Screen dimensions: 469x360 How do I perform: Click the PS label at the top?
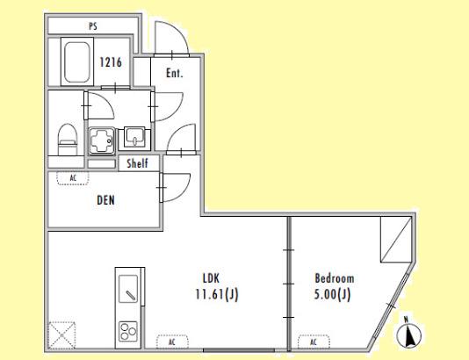(93, 26)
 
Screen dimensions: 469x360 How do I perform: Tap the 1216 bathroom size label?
(111, 62)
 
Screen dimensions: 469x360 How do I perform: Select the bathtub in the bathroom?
(77, 61)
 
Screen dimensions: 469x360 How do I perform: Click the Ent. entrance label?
(175, 73)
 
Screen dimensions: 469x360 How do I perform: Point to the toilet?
(68, 140)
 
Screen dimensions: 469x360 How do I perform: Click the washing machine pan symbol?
(102, 140)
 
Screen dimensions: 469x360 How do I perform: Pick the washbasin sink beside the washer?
(134, 138)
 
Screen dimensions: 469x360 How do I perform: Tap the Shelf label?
(137, 163)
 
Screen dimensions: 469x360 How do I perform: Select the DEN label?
(105, 200)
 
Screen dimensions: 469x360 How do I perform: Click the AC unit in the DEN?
(73, 178)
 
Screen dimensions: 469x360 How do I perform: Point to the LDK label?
(211, 278)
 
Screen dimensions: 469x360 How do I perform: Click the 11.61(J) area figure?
(217, 295)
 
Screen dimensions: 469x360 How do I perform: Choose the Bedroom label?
(335, 278)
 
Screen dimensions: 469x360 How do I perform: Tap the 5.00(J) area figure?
(332, 295)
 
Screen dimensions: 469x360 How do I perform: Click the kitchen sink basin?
(128, 289)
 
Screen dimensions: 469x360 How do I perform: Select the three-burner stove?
(128, 331)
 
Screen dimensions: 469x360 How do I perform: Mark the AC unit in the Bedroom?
(314, 342)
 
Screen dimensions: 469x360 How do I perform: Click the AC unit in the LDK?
(172, 342)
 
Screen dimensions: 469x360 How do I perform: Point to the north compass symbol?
(409, 334)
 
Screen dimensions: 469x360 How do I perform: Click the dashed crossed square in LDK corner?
(61, 335)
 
